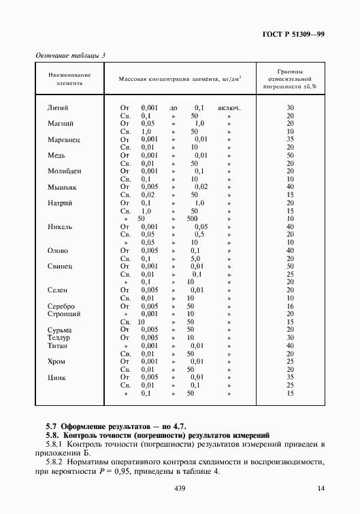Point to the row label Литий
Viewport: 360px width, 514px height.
(57, 107)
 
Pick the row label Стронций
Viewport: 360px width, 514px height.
(65, 313)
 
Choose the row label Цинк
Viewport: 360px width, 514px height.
(57, 377)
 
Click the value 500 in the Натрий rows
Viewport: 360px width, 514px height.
(193, 218)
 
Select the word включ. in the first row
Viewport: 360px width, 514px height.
(229, 107)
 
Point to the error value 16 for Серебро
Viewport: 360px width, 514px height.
(290, 306)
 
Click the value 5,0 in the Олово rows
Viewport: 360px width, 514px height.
(195, 258)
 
